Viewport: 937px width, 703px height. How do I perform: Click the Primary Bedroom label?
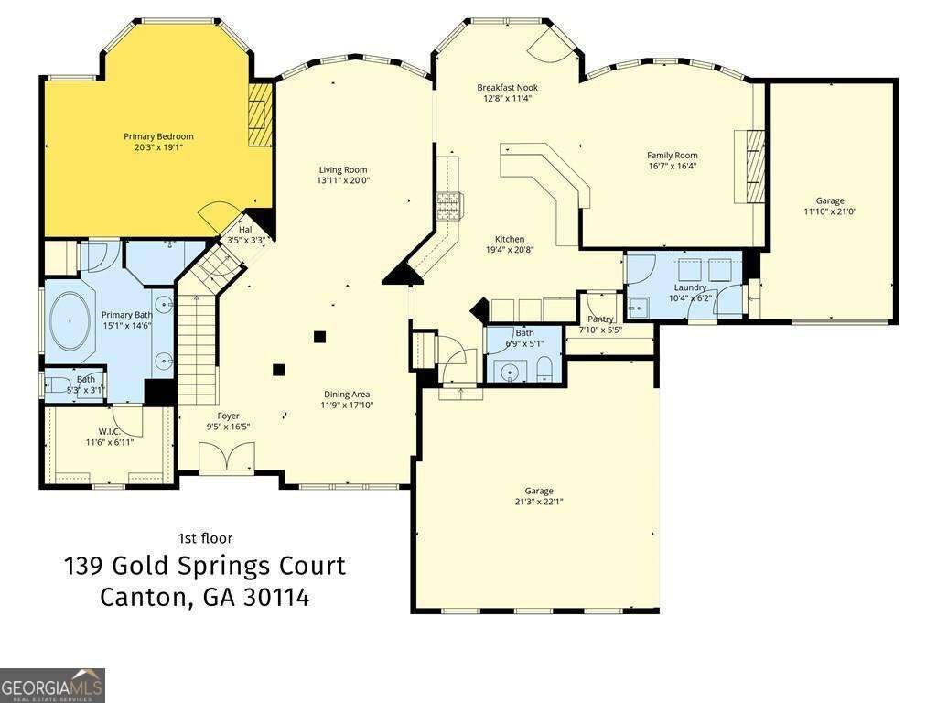[158, 136]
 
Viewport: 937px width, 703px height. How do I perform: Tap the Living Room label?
[343, 169]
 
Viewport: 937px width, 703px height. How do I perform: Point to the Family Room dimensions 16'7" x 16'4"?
[673, 167]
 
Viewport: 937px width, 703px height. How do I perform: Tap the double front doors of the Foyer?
[226, 456]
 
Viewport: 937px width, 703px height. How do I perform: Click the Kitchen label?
[510, 239]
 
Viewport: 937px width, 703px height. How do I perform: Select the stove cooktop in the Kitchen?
[449, 206]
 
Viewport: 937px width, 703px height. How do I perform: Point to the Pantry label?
[600, 319]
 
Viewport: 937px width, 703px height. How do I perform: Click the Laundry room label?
[689, 287]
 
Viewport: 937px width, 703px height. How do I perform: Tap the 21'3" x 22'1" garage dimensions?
[538, 502]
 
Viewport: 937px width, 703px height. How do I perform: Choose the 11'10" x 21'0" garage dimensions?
[830, 211]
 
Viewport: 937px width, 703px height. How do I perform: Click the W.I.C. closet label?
[110, 431]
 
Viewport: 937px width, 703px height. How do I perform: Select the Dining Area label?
[346, 394]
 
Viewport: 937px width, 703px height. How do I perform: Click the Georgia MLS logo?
[52, 685]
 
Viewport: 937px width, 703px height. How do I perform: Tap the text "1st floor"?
[205, 538]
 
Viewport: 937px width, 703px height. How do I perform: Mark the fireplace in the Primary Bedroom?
[261, 115]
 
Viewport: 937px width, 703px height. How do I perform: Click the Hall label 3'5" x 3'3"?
[246, 230]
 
